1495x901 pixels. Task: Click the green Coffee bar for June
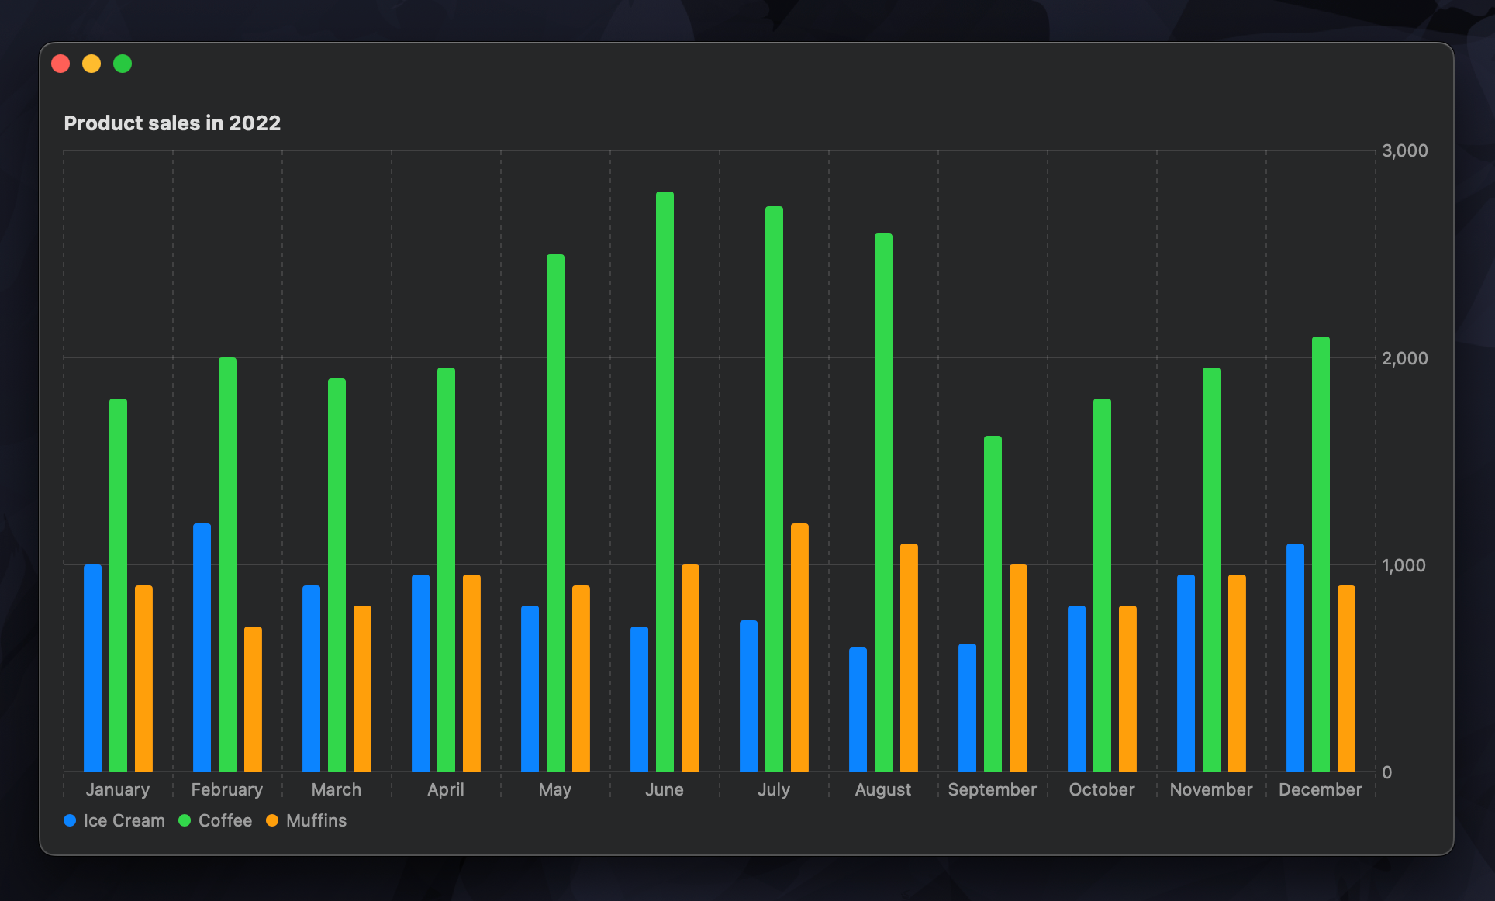pos(665,481)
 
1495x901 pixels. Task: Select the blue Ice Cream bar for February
pos(202,647)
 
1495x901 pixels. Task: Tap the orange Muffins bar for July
pos(799,647)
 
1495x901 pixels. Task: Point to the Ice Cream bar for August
pos(858,709)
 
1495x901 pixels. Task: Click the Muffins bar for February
pos(253,699)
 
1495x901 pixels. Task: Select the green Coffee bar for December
pos(1321,554)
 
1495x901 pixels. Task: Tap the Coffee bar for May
pos(555,513)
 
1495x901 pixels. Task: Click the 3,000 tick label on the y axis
pos(1404,150)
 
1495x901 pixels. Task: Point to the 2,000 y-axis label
pos(1404,358)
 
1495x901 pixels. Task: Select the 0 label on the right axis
pos(1386,772)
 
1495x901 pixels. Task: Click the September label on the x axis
pos(992,789)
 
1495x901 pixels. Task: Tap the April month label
pos(446,789)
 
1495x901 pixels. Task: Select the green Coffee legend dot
pos(185,820)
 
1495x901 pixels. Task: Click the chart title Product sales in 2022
pos(172,123)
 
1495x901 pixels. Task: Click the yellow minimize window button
pos(91,64)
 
